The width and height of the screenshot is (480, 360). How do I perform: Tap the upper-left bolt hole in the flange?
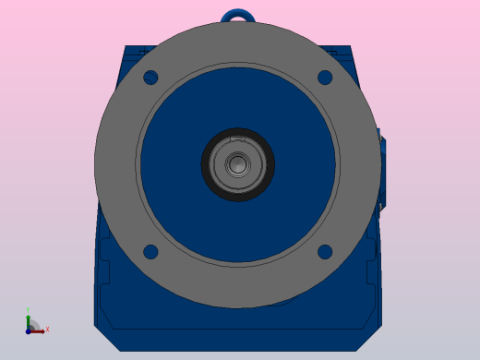[151, 78]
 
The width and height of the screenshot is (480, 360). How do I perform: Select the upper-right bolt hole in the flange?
[325, 78]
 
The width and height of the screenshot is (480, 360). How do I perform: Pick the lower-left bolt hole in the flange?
[151, 251]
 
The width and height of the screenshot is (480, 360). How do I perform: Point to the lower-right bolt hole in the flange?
[325, 251]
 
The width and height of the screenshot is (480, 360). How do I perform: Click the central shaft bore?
[238, 164]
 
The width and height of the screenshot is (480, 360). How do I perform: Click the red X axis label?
[47, 329]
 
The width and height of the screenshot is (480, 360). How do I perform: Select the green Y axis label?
[28, 311]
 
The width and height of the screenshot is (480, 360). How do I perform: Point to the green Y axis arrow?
[28, 319]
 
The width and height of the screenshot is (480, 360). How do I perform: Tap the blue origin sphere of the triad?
[29, 330]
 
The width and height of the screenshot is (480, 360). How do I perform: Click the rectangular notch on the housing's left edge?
[102, 273]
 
